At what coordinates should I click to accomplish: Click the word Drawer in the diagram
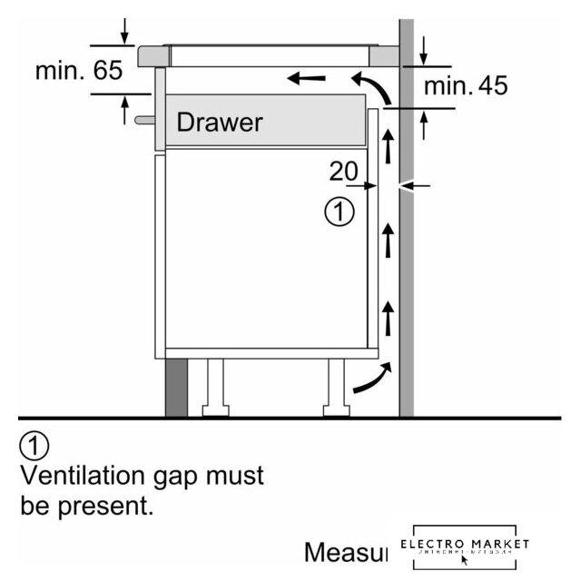point(219,122)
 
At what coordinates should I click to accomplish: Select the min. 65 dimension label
point(79,72)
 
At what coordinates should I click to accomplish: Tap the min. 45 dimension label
point(466,86)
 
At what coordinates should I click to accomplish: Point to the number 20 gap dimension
point(344,171)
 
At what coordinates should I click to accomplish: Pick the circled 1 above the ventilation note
point(34,447)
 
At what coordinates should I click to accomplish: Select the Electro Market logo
point(464,547)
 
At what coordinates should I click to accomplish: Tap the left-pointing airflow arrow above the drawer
point(307,79)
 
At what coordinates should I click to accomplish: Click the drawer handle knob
point(144,119)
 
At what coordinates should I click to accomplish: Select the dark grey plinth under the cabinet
point(176,387)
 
